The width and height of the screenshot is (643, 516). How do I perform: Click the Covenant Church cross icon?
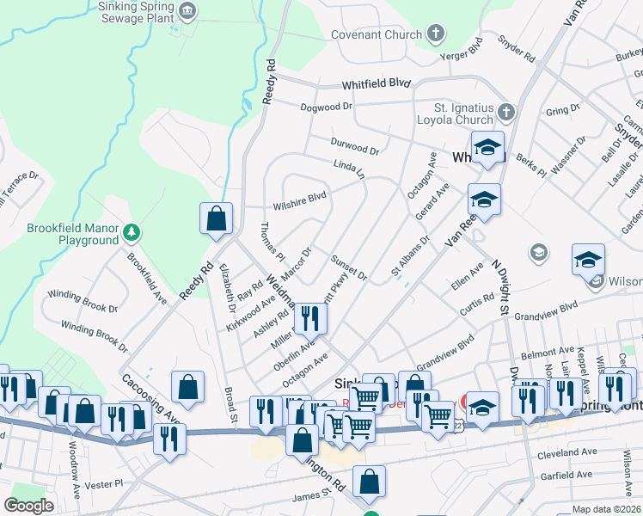click(x=436, y=34)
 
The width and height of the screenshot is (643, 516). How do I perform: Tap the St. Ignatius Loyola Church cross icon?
click(x=506, y=113)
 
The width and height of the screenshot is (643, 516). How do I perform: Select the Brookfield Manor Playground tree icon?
click(x=132, y=232)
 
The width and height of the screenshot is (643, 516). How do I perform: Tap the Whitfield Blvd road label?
click(x=377, y=84)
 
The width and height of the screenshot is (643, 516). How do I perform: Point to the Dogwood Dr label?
click(x=327, y=107)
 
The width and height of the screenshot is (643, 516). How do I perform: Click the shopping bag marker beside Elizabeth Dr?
click(x=216, y=219)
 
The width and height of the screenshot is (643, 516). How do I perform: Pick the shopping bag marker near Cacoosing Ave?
click(x=187, y=388)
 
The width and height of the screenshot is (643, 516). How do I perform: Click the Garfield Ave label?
click(x=566, y=475)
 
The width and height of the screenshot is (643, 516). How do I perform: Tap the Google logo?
click(x=28, y=506)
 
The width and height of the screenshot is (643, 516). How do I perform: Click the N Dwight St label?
click(x=500, y=288)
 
